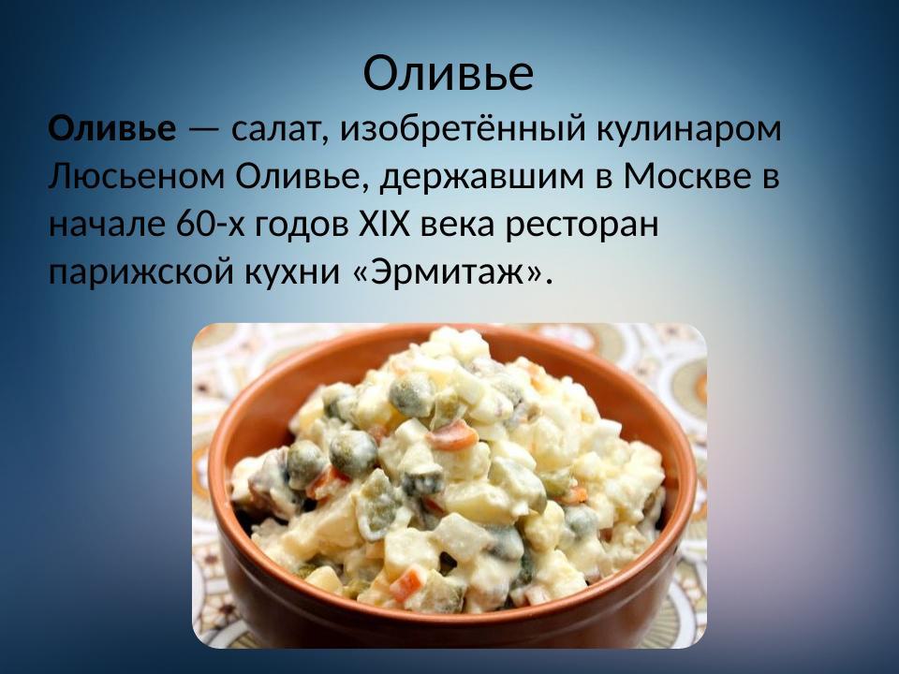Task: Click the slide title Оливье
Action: [449, 73]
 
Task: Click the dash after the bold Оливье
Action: [199, 130]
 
